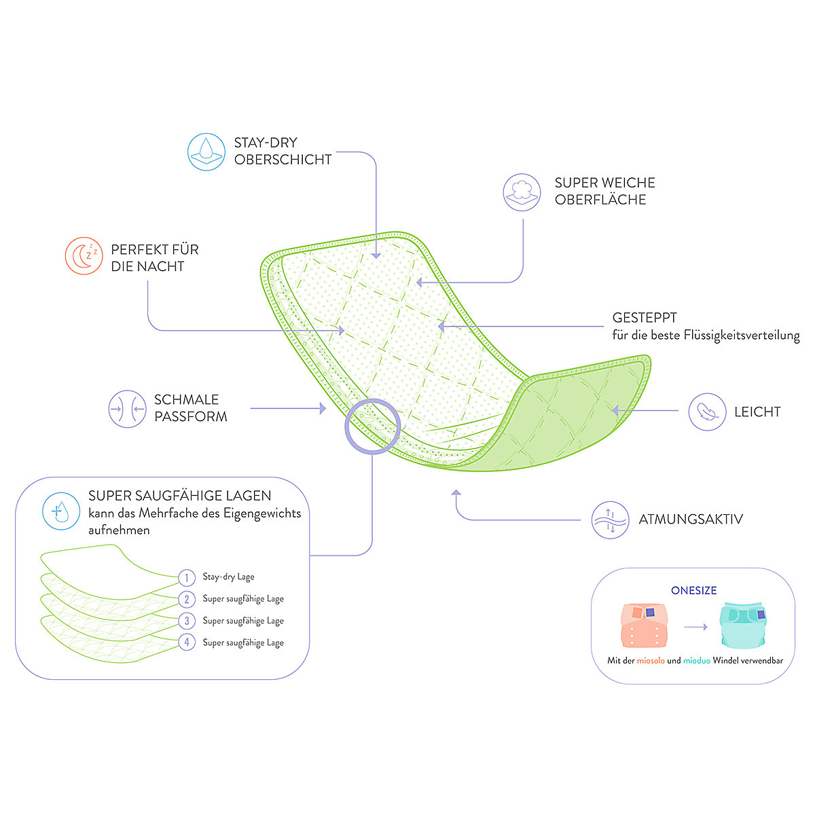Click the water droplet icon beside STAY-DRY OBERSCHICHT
[206, 152]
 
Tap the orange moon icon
[84, 256]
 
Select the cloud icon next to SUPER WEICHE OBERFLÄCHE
[522, 192]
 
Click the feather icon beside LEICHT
[707, 412]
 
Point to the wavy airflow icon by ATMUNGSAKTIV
[610, 520]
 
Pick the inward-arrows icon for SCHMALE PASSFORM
[127, 409]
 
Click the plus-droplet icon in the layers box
[61, 511]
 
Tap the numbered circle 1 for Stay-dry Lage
[187, 577]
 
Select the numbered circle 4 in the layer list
[187, 642]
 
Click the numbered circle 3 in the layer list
[187, 621]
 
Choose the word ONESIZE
[693, 590]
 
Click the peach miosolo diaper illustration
[644, 625]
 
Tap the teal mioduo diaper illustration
[743, 625]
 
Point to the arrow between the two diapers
[695, 627]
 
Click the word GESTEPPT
[645, 318]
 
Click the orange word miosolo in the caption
[651, 660]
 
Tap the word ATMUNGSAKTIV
[691, 519]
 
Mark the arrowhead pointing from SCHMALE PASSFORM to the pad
[323, 409]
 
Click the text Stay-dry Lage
[228, 577]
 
